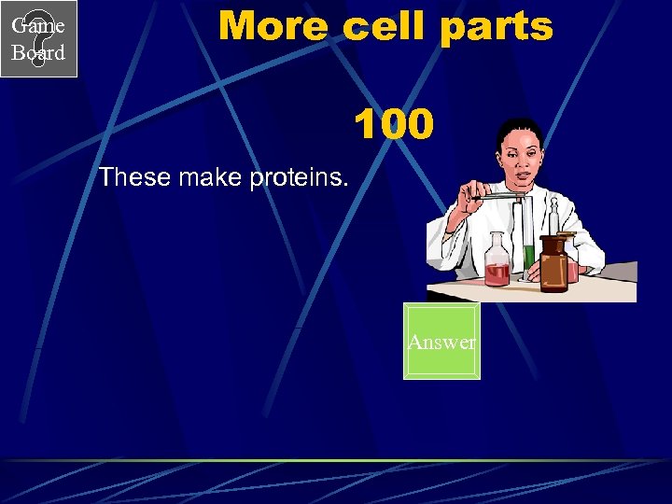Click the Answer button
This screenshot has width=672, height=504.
click(441, 342)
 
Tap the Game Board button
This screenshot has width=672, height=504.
click(38, 39)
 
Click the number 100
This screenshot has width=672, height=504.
click(393, 124)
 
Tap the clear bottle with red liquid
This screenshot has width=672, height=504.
click(497, 264)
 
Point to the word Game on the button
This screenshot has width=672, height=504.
click(38, 26)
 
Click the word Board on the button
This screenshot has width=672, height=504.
click(38, 53)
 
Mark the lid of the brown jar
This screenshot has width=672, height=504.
click(553, 240)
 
